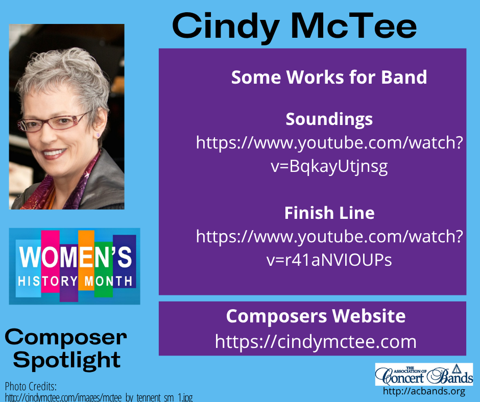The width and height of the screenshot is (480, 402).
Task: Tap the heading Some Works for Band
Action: point(329,78)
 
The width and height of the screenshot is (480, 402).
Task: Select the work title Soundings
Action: point(329,119)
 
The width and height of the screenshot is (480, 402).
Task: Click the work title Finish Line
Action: point(329,213)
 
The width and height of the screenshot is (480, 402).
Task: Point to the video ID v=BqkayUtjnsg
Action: point(329,167)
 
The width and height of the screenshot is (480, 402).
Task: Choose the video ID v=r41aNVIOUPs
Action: point(329,260)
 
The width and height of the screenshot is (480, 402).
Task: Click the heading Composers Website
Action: point(316,316)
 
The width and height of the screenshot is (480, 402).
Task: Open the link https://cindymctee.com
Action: point(316,341)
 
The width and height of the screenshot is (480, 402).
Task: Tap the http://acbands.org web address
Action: point(424,392)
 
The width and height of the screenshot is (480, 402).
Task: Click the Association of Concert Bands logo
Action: point(424,374)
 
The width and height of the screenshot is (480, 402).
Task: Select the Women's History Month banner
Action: point(75,266)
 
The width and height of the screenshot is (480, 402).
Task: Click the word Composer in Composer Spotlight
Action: point(65,337)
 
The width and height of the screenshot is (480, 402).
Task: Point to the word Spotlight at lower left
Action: point(66,360)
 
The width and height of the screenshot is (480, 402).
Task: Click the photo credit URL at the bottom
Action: point(99,397)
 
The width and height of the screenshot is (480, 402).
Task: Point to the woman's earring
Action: point(96,135)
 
